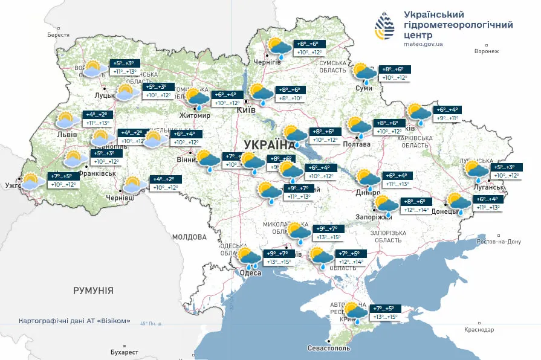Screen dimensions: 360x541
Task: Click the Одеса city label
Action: pos(251,273)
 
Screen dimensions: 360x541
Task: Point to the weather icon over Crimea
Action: pos(355,312)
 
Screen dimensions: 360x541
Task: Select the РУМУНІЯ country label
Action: pos(93,291)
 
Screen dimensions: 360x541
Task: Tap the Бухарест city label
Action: pos(125,352)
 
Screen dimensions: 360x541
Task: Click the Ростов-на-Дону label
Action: pos(499,242)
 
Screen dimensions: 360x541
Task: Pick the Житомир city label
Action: pos(195,115)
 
